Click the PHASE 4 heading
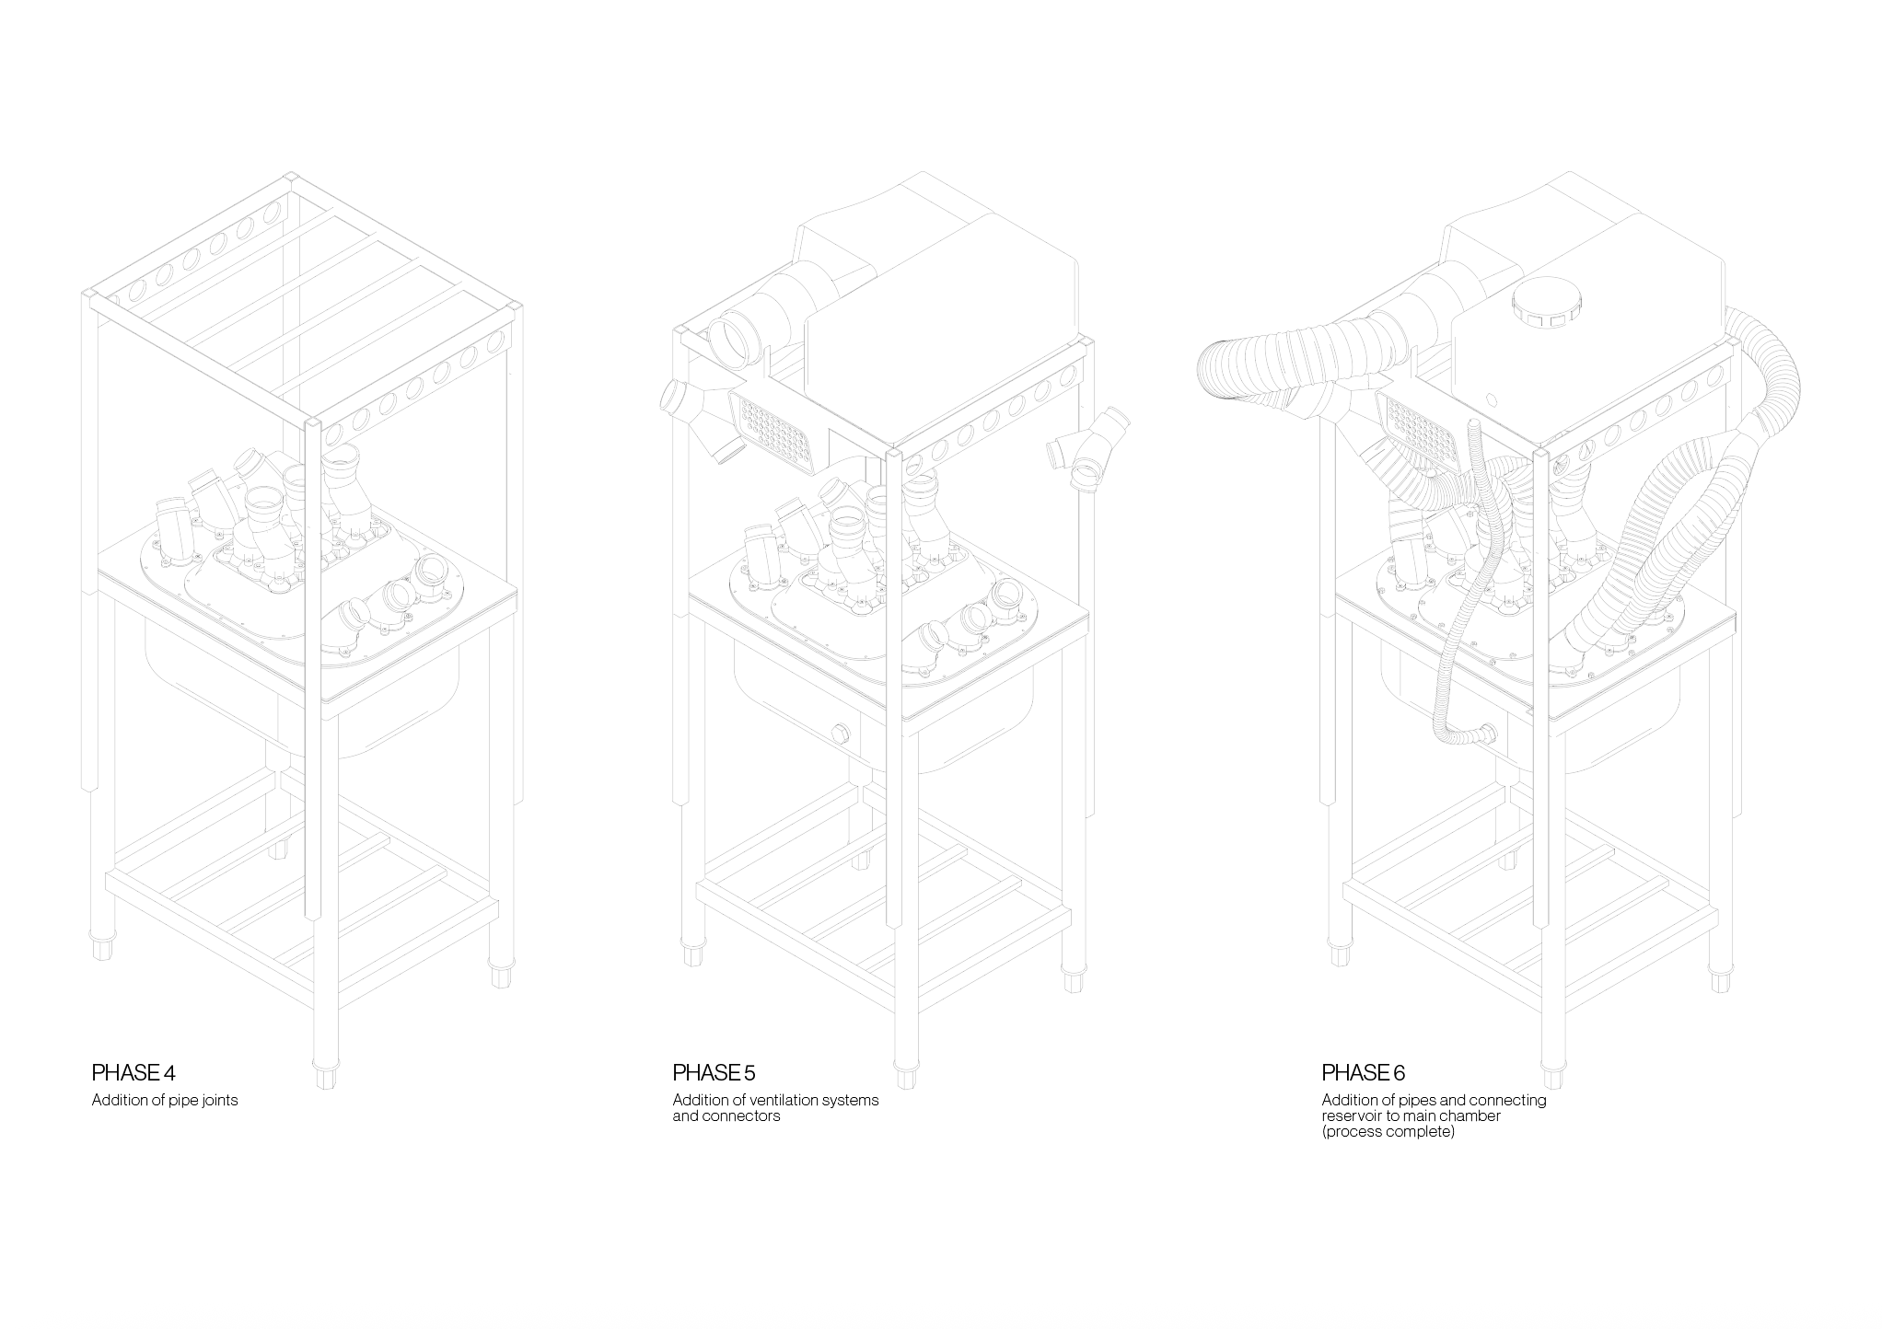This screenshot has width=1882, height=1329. point(134,1072)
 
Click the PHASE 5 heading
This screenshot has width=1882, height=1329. point(714,1072)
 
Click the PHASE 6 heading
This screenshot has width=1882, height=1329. point(1364,1072)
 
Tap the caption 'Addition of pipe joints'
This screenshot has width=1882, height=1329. point(165,1101)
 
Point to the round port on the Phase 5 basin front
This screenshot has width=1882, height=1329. point(840,733)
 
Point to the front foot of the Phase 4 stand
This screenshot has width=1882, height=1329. point(325,1075)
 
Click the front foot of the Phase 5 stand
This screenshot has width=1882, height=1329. point(906,1075)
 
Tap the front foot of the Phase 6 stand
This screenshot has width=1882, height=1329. point(1555,1075)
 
